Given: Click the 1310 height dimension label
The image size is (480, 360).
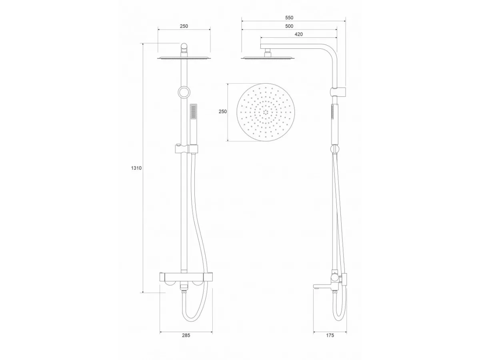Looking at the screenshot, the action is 136,168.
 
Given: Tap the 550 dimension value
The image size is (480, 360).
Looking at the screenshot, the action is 289,18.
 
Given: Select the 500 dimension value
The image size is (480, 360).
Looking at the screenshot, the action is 289,26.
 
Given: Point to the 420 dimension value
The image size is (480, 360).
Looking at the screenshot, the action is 299,34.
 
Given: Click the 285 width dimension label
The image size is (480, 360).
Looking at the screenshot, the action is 186,335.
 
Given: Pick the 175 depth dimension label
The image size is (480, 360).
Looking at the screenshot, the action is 330,335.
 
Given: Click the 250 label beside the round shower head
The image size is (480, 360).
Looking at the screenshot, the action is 223,112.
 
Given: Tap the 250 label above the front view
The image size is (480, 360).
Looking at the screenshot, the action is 184,26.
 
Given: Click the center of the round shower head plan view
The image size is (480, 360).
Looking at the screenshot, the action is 266,112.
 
